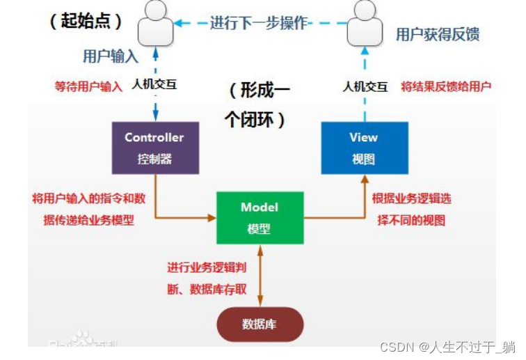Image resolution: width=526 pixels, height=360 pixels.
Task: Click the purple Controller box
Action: [155, 148]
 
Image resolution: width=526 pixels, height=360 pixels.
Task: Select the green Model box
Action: [259, 217]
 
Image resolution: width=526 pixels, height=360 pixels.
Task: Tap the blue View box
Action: [364, 148]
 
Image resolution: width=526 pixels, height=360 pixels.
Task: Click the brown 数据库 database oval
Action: [260, 324]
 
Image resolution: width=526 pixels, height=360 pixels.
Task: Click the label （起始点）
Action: [86, 21]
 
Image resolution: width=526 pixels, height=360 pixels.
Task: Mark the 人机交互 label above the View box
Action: [365, 87]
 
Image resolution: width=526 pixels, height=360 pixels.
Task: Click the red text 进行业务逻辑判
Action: [207, 267]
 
